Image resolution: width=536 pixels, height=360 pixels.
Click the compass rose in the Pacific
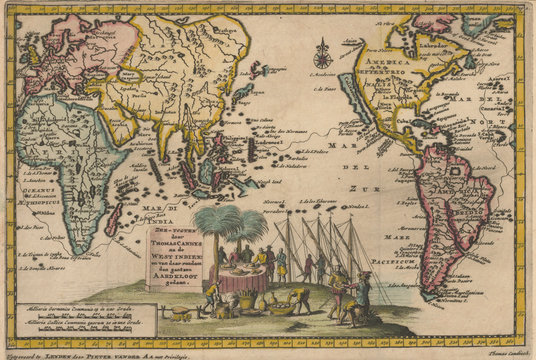[x=323, y=49]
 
